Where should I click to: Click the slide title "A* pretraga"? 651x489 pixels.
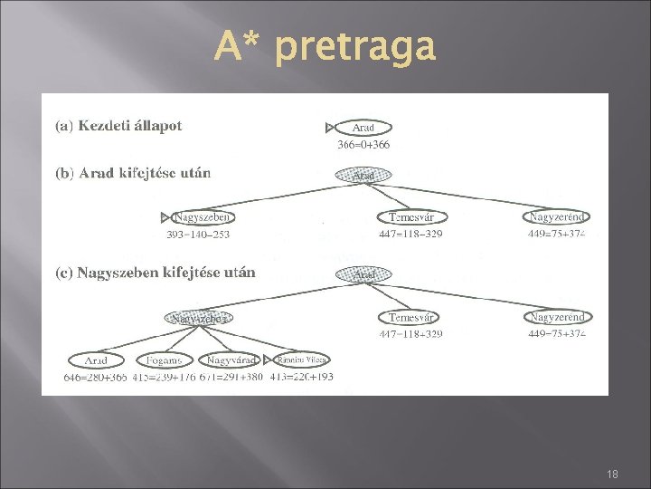(x=325, y=46)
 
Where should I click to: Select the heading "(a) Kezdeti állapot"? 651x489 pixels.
(x=118, y=126)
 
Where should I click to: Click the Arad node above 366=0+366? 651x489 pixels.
(x=363, y=128)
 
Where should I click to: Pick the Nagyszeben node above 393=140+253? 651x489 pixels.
(x=203, y=217)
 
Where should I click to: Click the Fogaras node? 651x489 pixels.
(x=165, y=360)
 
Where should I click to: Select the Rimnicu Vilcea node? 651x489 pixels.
(x=304, y=360)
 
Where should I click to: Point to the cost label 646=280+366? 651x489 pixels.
(x=95, y=376)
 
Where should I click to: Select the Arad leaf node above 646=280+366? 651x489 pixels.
(x=96, y=360)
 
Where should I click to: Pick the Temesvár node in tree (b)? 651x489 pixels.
(x=410, y=217)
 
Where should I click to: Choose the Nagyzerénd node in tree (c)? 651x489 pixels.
(x=557, y=317)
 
